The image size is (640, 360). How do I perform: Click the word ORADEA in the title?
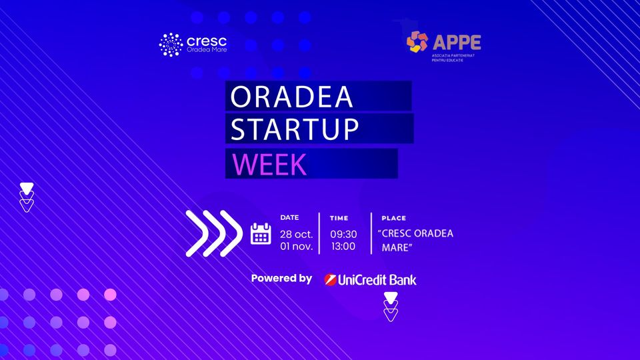pyautogui.click(x=291, y=97)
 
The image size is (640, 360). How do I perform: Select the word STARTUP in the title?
pyautogui.click(x=295, y=129)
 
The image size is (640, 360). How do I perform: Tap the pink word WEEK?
pyautogui.click(x=269, y=165)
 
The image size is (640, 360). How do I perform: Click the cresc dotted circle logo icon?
pyautogui.click(x=171, y=45)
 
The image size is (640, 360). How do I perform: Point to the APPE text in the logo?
pyautogui.click(x=457, y=43)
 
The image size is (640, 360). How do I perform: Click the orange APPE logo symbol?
pyautogui.click(x=417, y=41)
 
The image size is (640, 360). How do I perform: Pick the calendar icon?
pyautogui.click(x=261, y=234)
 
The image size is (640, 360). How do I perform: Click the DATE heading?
pyautogui.click(x=289, y=217)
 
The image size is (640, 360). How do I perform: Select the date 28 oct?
pyautogui.click(x=296, y=234)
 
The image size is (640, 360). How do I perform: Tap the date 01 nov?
pyautogui.click(x=296, y=246)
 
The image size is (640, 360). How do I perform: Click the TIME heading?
pyautogui.click(x=339, y=219)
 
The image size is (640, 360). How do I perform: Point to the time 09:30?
pyautogui.click(x=343, y=234)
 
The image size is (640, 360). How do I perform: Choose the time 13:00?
pyautogui.click(x=343, y=246)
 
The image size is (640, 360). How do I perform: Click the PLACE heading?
pyautogui.click(x=393, y=219)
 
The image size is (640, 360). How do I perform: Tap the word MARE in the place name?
pyautogui.click(x=395, y=247)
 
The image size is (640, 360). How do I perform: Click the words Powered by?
pyautogui.click(x=281, y=279)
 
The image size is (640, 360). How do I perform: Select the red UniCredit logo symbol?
pyautogui.click(x=330, y=279)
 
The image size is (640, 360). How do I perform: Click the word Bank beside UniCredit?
pyautogui.click(x=403, y=280)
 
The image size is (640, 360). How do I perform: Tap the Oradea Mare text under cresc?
pyautogui.click(x=207, y=50)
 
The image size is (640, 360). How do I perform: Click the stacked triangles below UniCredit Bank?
pyautogui.click(x=391, y=307)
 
